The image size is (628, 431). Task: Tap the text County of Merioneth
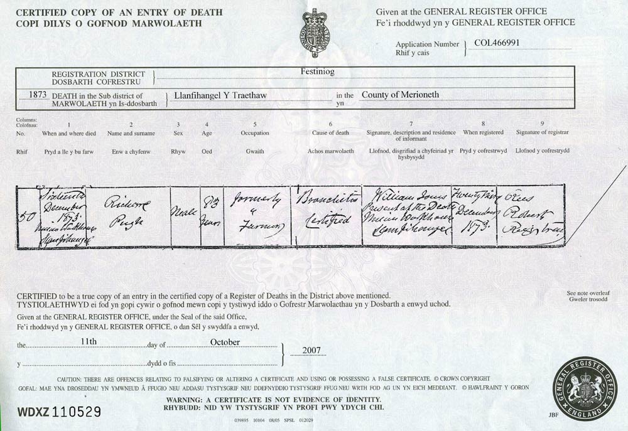[x=399, y=95]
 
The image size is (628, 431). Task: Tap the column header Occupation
[x=254, y=133]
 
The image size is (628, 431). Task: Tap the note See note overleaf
[x=588, y=293]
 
